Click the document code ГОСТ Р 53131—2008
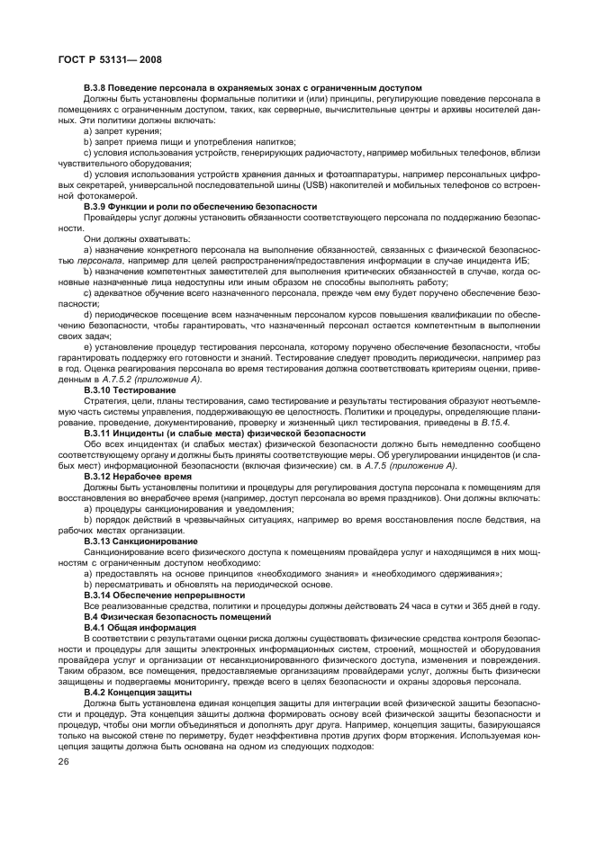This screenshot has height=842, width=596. [104, 58]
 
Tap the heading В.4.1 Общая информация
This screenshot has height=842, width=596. [140, 627]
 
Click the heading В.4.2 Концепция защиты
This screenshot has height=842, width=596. [138, 692]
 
